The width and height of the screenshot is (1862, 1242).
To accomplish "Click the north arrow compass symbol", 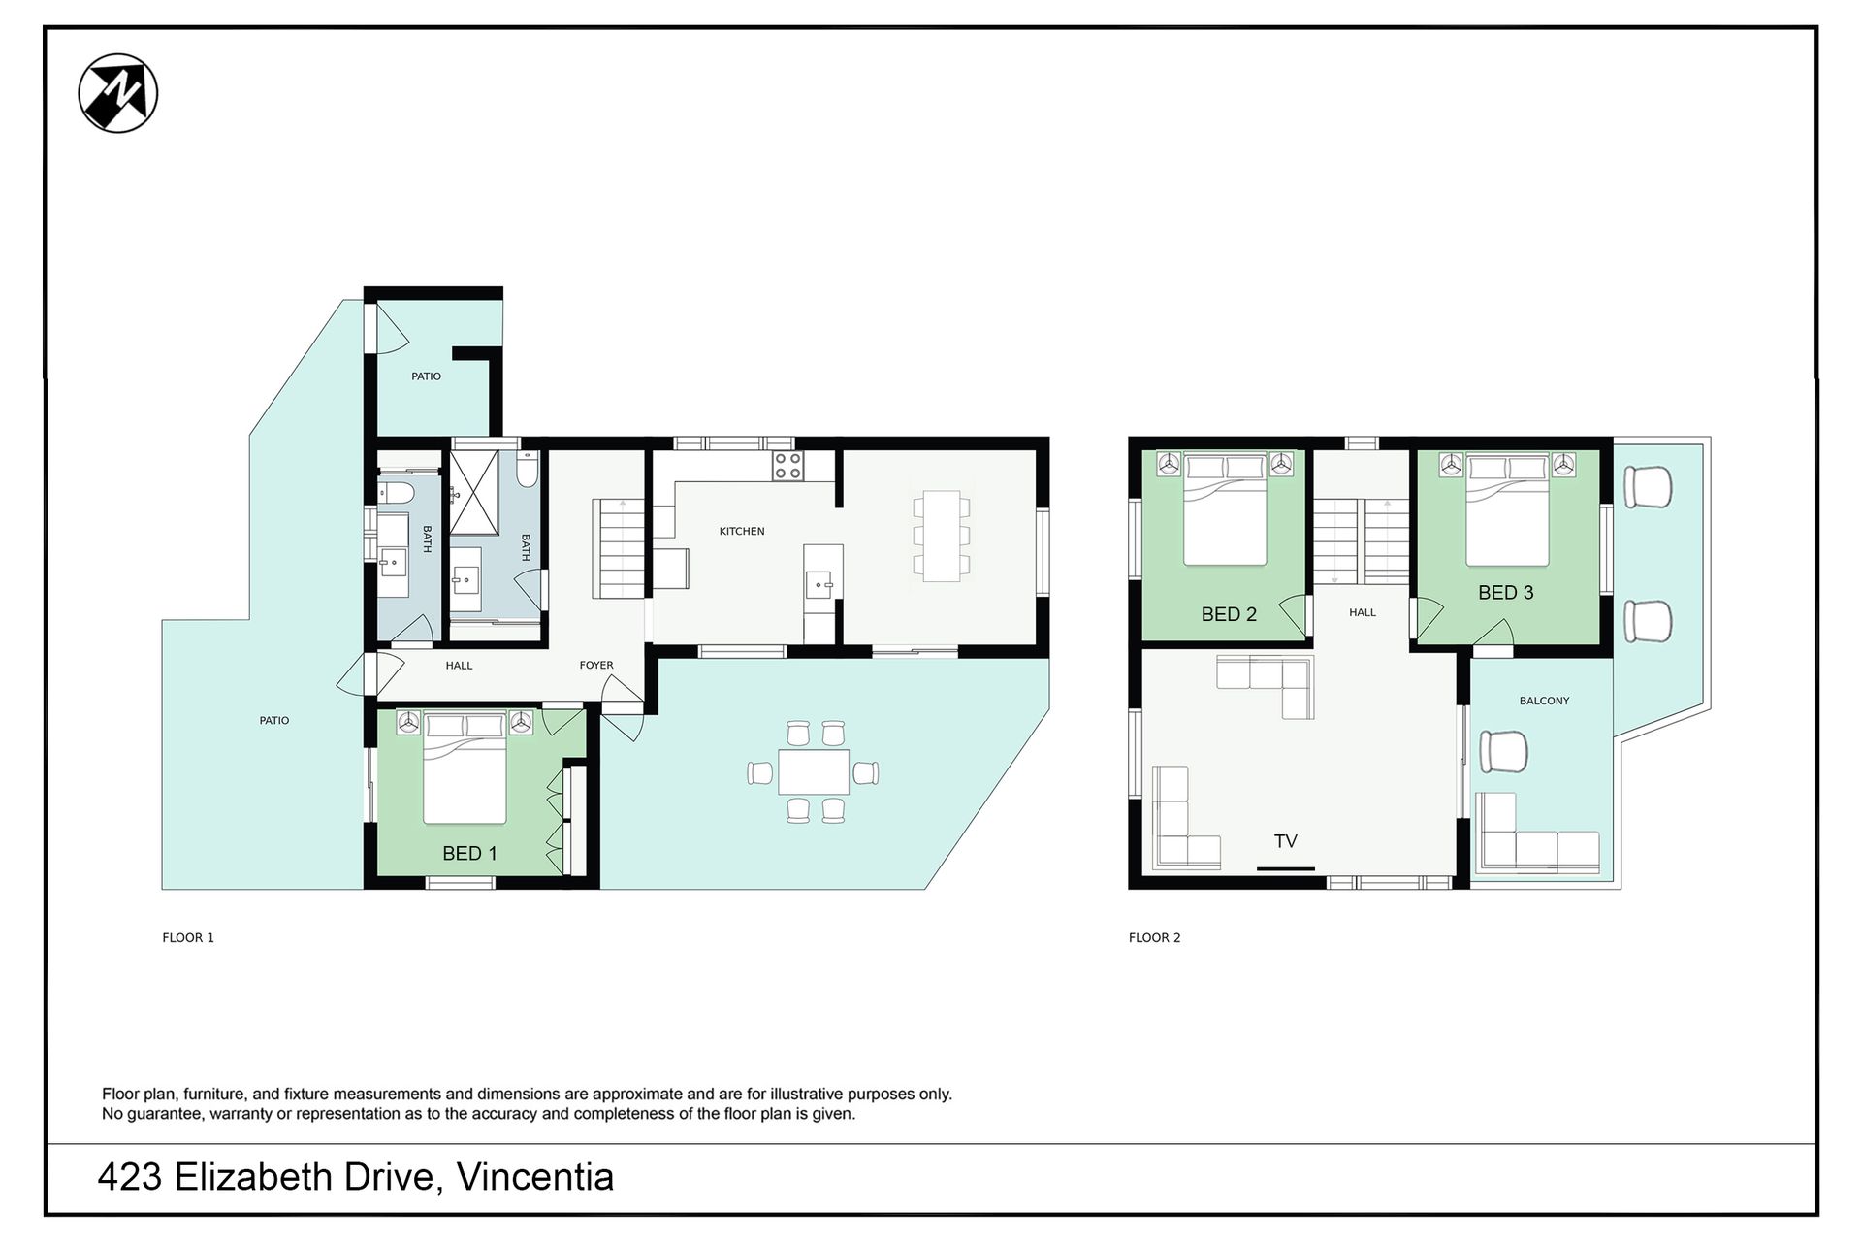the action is point(118,93).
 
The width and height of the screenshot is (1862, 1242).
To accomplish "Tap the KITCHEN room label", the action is point(742,531).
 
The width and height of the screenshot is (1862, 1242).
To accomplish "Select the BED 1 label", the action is point(469,853).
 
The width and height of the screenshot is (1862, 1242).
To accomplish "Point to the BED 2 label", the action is point(1229,614).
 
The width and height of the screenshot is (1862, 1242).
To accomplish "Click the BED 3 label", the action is point(1506,592).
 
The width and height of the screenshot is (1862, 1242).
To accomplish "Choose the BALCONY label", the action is point(1544,701).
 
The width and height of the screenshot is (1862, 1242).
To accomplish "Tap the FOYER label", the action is point(596,666).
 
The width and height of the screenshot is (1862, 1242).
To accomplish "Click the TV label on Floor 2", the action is point(1286,841).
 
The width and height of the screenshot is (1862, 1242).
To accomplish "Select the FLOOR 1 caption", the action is point(188,937).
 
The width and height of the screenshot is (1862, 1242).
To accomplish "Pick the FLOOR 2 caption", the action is point(1155,937).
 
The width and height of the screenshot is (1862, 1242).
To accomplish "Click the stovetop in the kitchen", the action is point(787,466).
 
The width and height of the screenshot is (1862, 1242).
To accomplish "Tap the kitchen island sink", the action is point(820,585).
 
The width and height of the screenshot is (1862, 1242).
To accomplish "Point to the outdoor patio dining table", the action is point(814,772).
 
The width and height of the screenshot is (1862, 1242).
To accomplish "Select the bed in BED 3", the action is point(1506,511).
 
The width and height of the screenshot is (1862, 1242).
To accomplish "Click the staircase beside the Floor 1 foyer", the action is point(618,548).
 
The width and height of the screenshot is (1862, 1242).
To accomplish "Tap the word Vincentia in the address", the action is point(535,1177).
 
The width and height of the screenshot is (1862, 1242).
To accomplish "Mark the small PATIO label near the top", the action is point(426,376).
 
